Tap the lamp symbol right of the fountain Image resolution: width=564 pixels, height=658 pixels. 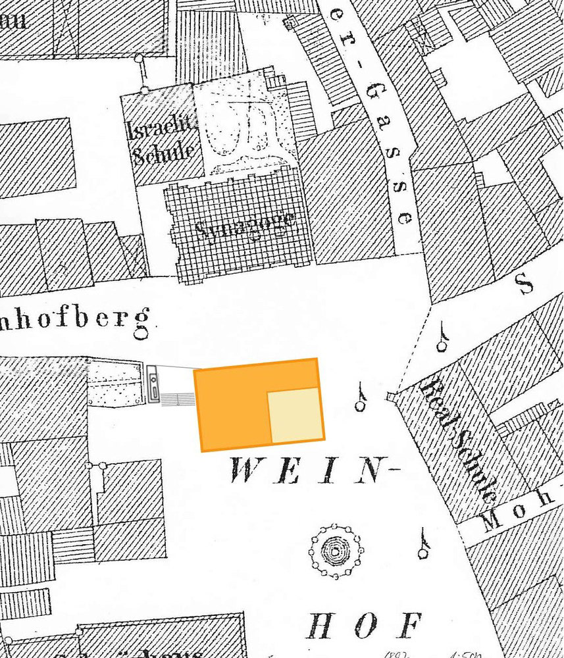[x=423, y=544]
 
